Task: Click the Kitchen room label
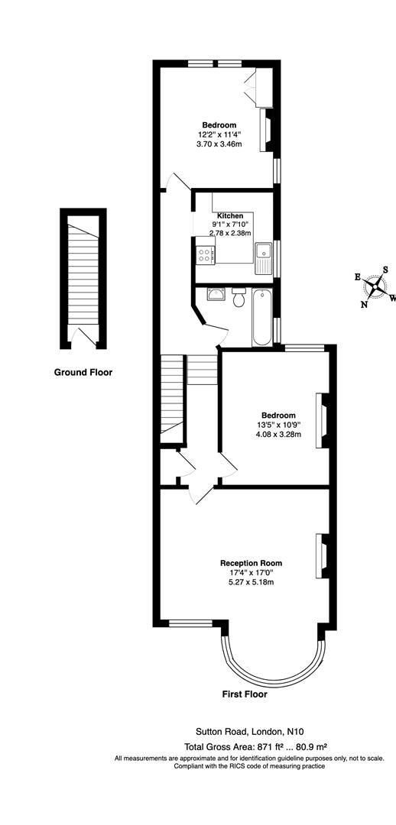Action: pyautogui.click(x=230, y=215)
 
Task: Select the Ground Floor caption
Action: pyautogui.click(x=83, y=373)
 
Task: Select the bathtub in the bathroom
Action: pyautogui.click(x=261, y=317)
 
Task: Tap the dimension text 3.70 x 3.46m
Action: pyautogui.click(x=219, y=144)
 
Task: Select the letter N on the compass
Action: pyautogui.click(x=365, y=305)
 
